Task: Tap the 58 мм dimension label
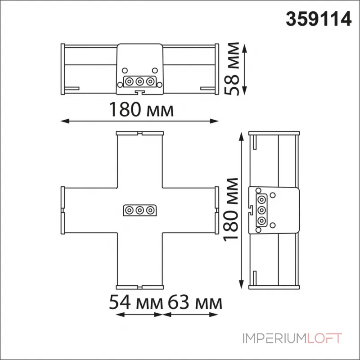(x=234, y=69)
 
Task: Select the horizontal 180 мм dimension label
(x=140, y=110)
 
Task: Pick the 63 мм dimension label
(x=195, y=302)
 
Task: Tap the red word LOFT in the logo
(x=324, y=338)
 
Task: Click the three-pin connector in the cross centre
(x=140, y=210)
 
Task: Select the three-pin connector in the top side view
(x=140, y=81)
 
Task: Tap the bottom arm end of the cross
(x=140, y=286)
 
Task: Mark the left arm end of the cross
(x=62, y=210)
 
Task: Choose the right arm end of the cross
(x=217, y=210)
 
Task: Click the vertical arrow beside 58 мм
(x=245, y=69)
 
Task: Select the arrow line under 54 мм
(x=139, y=314)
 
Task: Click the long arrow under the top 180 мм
(x=140, y=121)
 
